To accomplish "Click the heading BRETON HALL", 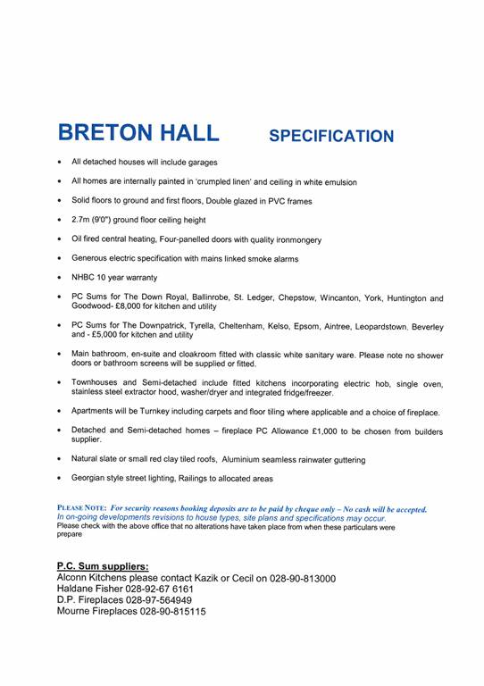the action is point(138,133).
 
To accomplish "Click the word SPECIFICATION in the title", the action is point(330,137).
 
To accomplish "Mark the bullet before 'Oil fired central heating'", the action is point(59,239).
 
